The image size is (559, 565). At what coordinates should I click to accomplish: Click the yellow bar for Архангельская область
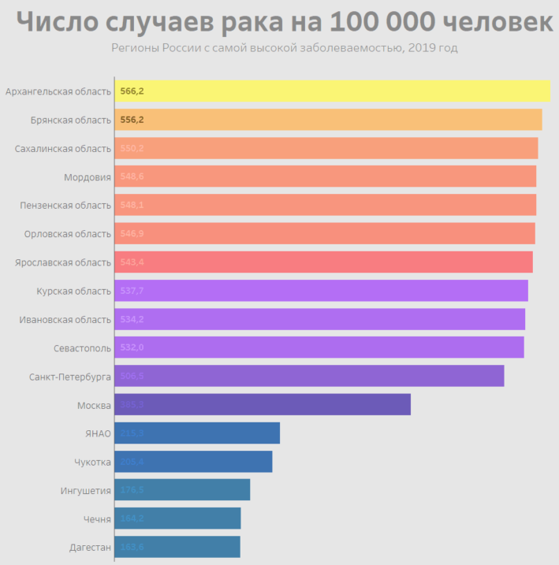[332, 91]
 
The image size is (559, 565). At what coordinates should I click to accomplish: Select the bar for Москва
[263, 405]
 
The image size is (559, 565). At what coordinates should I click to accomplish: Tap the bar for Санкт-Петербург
[309, 376]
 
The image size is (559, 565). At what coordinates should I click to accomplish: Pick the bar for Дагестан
[177, 547]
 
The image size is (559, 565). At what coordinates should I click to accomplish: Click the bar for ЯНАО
[197, 433]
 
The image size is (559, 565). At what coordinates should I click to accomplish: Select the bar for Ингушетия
[182, 490]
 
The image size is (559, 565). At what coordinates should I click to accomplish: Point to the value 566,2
[132, 91]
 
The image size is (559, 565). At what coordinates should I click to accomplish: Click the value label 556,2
[132, 120]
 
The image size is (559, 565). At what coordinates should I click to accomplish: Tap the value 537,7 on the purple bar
[132, 291]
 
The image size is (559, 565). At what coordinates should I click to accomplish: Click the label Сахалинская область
[63, 148]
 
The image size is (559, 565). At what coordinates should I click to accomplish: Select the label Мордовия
[88, 177]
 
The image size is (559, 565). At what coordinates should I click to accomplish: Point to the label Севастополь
[77, 348]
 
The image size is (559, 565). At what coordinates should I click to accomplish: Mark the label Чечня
[97, 519]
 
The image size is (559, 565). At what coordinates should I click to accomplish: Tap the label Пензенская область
[65, 205]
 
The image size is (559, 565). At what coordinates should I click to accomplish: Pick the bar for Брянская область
[328, 120]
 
